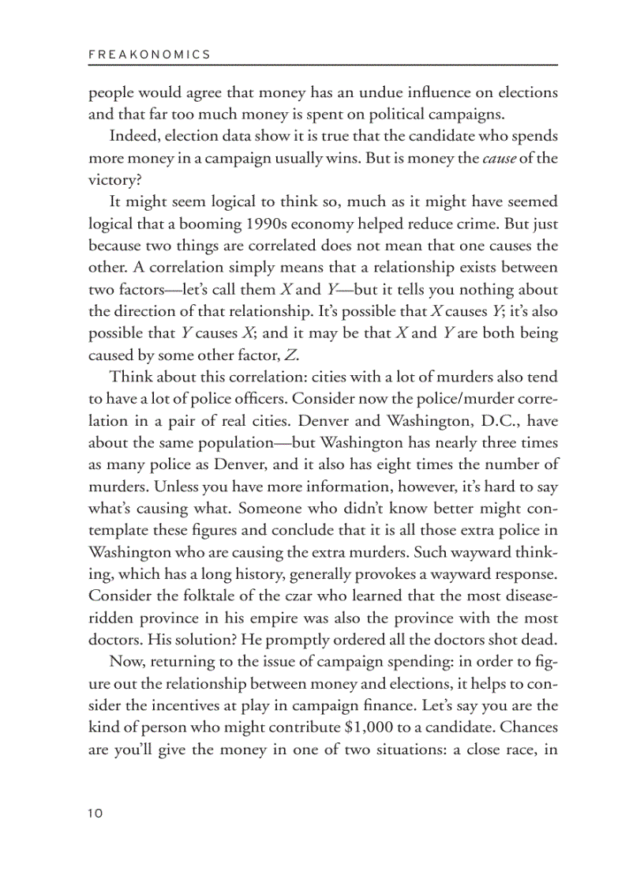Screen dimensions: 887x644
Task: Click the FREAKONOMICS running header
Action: coord(149,54)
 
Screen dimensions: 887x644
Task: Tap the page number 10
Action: coord(95,813)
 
